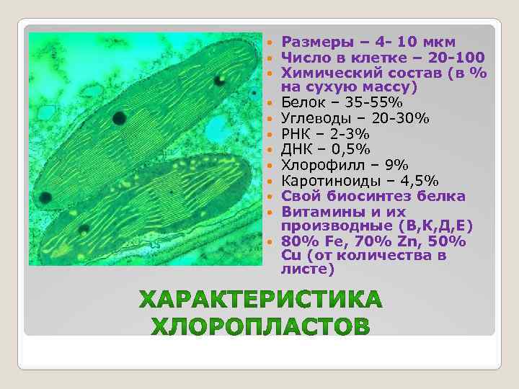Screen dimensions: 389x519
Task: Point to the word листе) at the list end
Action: tap(309, 270)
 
